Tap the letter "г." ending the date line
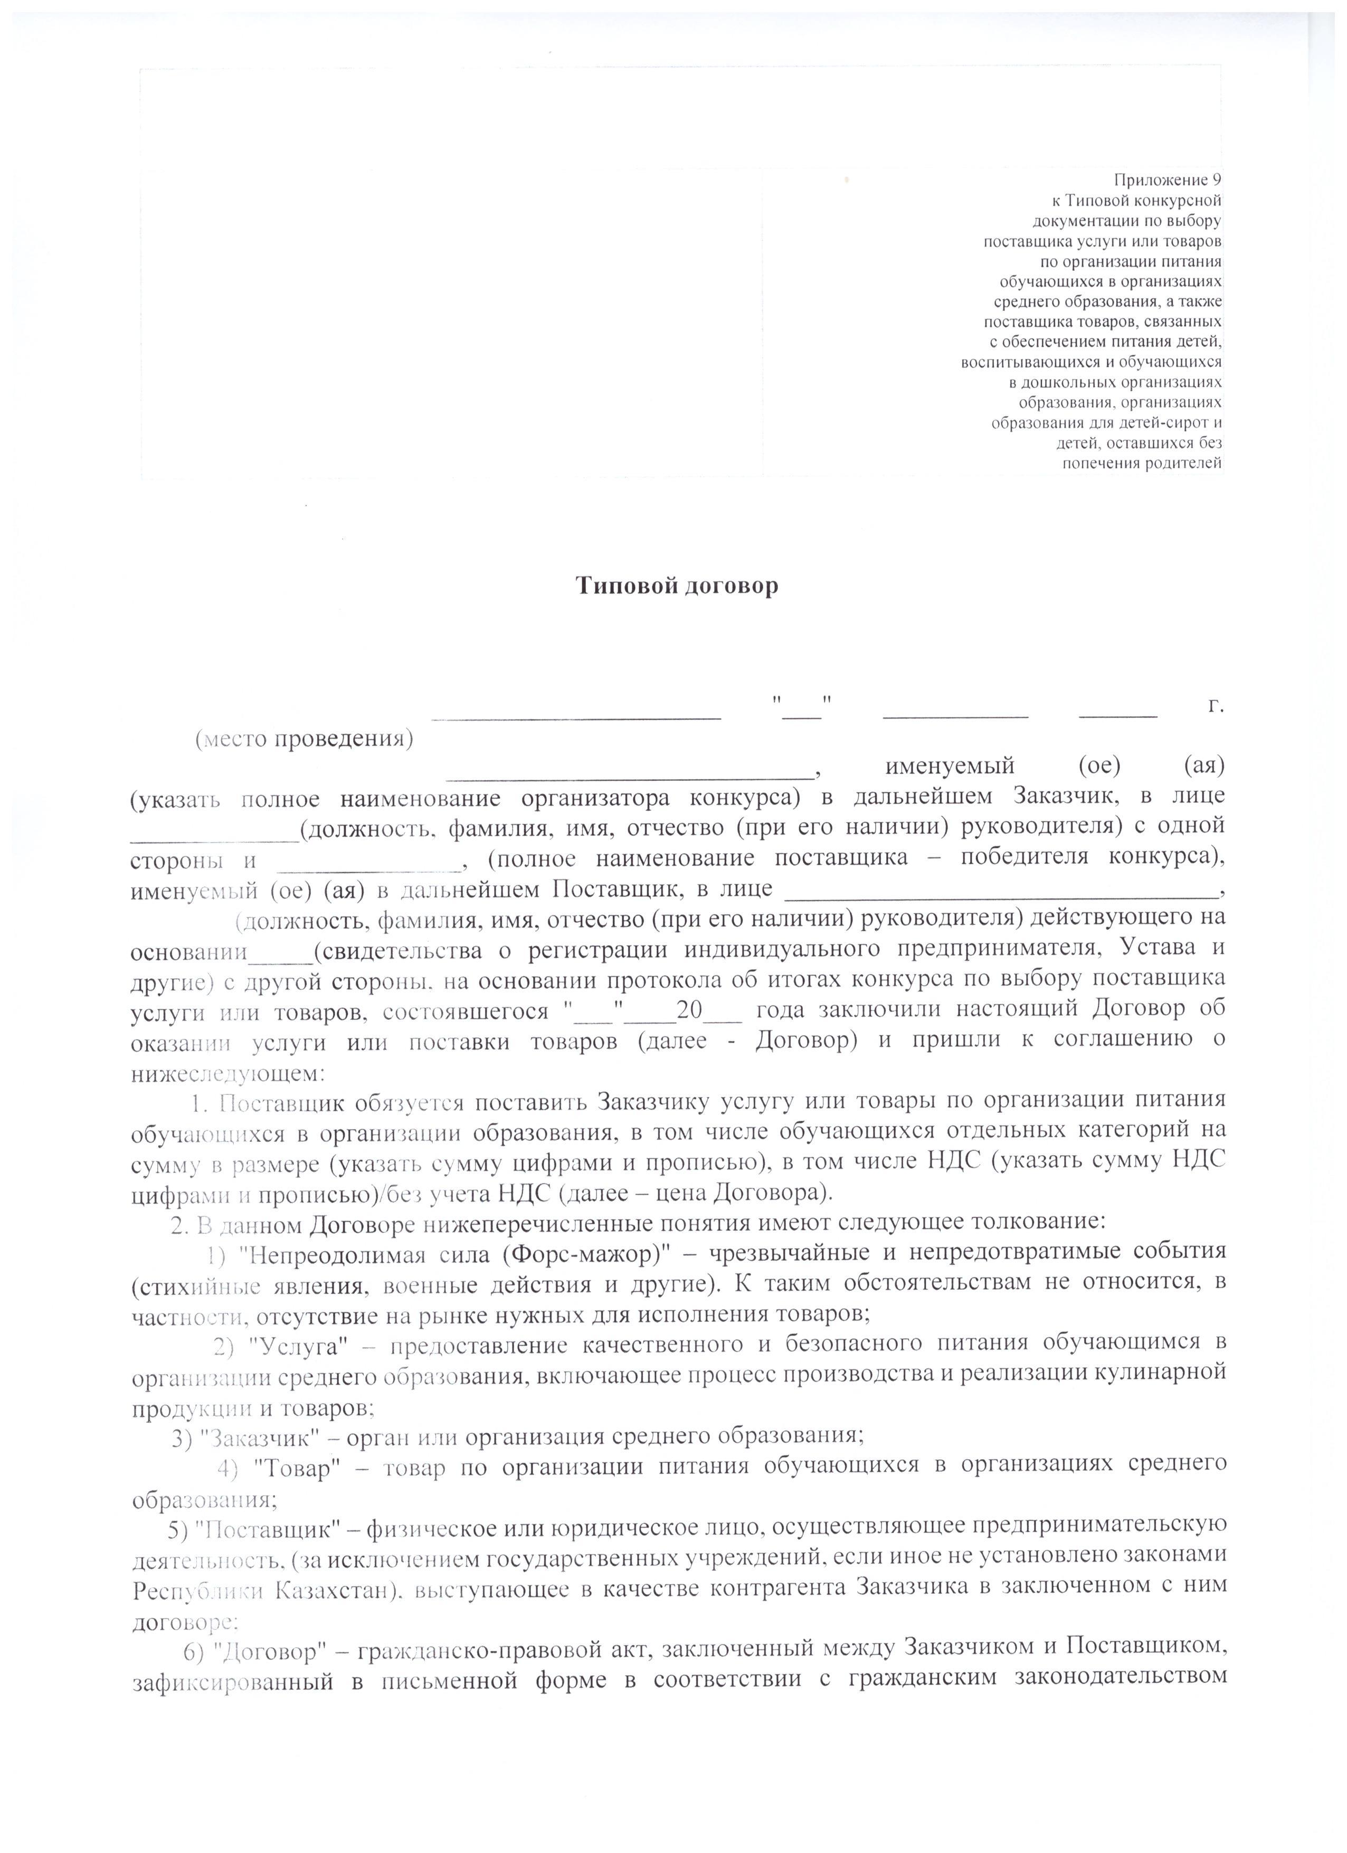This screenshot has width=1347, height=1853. [x=1216, y=706]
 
